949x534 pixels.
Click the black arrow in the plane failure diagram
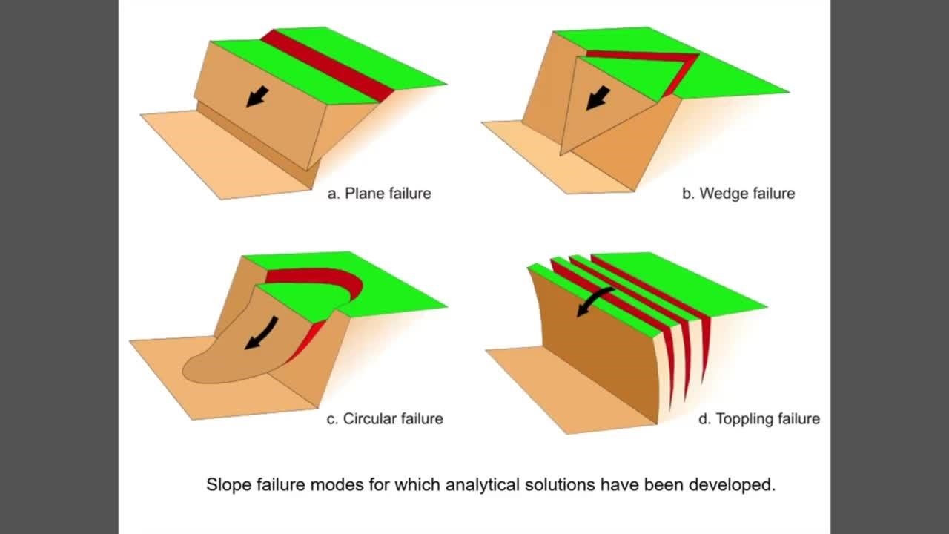257,96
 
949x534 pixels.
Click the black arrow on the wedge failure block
598,99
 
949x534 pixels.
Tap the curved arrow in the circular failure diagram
262,334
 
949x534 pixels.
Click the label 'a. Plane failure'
379,194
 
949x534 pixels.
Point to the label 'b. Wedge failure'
738,194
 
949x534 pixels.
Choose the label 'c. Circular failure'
385,419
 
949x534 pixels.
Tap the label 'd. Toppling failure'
759,419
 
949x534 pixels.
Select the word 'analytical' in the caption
483,485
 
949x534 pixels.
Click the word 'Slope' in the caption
229,485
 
